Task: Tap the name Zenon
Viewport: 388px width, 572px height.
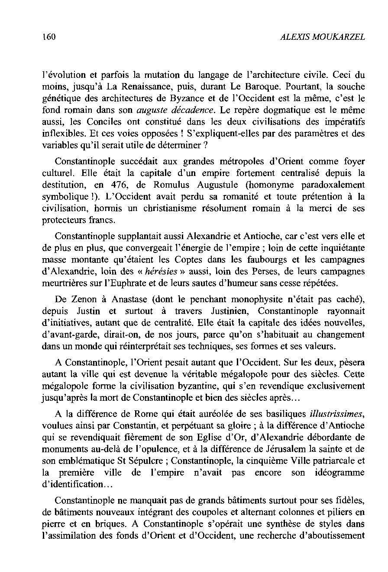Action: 82,300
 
